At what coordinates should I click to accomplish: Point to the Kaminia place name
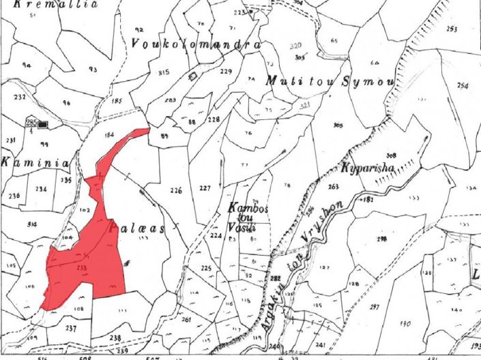coord(26,164)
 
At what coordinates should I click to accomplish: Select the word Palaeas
coord(141,230)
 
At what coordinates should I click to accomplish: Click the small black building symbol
coord(44,124)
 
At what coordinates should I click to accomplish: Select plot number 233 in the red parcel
coord(81,268)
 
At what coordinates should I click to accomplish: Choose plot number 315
coord(163,72)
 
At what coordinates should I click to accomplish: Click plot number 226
coord(176,190)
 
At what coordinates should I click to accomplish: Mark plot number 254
coord(463,85)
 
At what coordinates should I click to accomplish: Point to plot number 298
coord(382,238)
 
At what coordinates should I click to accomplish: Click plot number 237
coord(71,327)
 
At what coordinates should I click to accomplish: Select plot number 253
coord(451,29)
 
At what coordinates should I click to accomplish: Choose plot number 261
coord(187,319)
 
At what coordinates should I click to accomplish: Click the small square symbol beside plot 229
coord(194,75)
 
